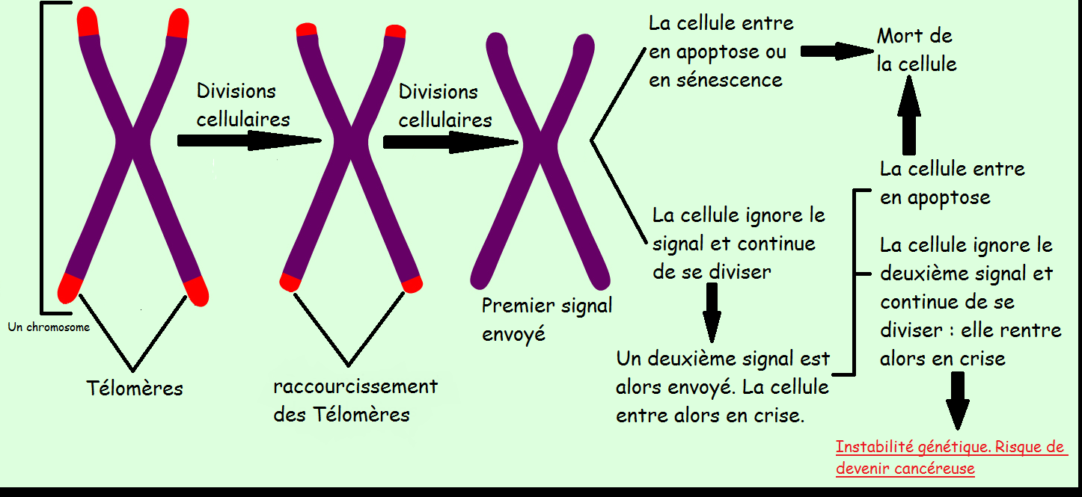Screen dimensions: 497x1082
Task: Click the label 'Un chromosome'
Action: [49, 327]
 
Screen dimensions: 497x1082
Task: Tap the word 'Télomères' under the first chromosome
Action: [135, 389]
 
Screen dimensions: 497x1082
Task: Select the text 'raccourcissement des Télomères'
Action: [355, 401]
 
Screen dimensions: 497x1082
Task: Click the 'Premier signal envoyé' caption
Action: [546, 319]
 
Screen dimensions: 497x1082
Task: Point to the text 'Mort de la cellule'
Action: [916, 49]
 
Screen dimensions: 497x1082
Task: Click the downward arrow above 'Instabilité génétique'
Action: [957, 400]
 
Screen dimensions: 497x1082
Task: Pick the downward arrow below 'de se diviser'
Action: [712, 312]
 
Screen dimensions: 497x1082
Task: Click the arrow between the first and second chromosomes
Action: [248, 140]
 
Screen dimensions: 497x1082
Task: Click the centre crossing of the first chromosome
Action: [133, 141]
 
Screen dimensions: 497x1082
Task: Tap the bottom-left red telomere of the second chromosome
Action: [290, 282]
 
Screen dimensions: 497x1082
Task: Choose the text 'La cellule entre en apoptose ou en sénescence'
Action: [720, 52]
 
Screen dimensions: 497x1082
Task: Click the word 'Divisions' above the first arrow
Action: [236, 91]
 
